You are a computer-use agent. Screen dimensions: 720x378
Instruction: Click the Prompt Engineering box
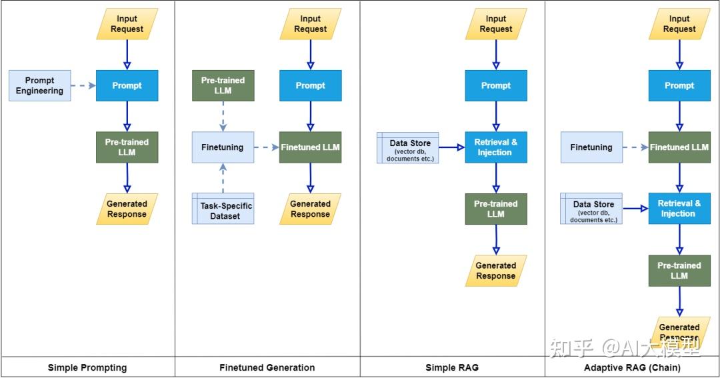click(x=39, y=85)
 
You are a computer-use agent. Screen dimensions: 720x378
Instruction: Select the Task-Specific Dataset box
click(x=223, y=209)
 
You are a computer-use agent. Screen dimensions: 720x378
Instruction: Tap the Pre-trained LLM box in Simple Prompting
click(x=127, y=147)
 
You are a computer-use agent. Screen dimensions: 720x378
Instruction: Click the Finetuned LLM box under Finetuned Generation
click(x=311, y=147)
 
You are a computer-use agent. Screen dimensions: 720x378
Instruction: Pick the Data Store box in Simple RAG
click(x=408, y=147)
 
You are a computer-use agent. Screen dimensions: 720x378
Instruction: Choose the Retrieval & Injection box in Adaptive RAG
click(x=679, y=209)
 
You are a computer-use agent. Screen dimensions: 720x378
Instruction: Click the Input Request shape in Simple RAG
click(x=496, y=24)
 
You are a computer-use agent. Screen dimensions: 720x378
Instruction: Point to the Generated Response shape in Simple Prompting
click(x=127, y=209)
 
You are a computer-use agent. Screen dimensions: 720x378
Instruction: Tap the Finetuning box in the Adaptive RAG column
click(x=591, y=147)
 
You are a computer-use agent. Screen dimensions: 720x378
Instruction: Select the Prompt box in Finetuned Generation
click(x=311, y=85)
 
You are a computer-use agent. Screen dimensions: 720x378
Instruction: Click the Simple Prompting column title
click(x=87, y=367)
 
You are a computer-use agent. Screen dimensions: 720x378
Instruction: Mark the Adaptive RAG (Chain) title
click(x=632, y=367)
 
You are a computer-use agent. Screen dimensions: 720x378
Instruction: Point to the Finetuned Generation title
click(x=267, y=367)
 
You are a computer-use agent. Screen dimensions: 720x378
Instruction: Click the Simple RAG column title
click(x=452, y=367)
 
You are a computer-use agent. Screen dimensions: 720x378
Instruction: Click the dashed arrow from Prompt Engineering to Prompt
click(x=83, y=85)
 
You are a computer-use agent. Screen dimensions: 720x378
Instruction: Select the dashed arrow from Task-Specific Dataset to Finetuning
click(x=223, y=178)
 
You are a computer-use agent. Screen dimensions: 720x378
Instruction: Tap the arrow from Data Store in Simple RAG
click(x=452, y=147)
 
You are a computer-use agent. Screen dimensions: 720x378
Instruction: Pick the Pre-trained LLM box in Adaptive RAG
click(x=679, y=271)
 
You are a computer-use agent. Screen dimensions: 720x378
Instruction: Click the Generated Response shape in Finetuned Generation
click(x=311, y=209)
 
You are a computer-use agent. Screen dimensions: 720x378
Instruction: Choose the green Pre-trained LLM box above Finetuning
click(x=223, y=85)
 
